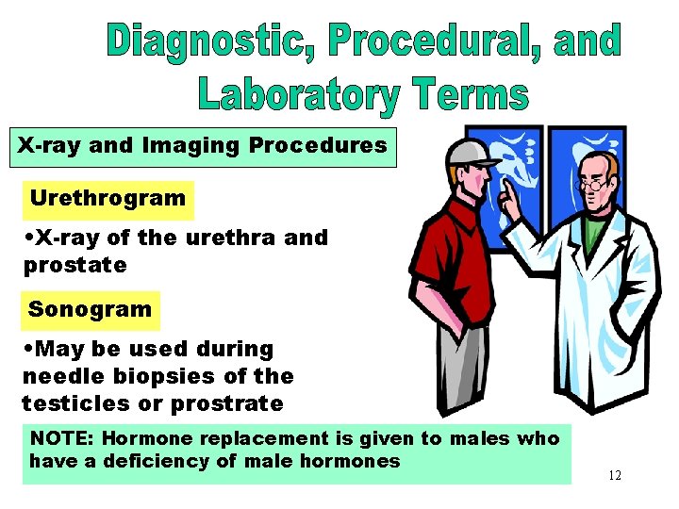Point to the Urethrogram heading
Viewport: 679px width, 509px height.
pos(108,198)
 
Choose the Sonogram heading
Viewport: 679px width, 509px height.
pos(90,309)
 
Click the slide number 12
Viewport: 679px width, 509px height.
pos(615,476)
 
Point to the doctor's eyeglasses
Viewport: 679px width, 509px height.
pos(592,185)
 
